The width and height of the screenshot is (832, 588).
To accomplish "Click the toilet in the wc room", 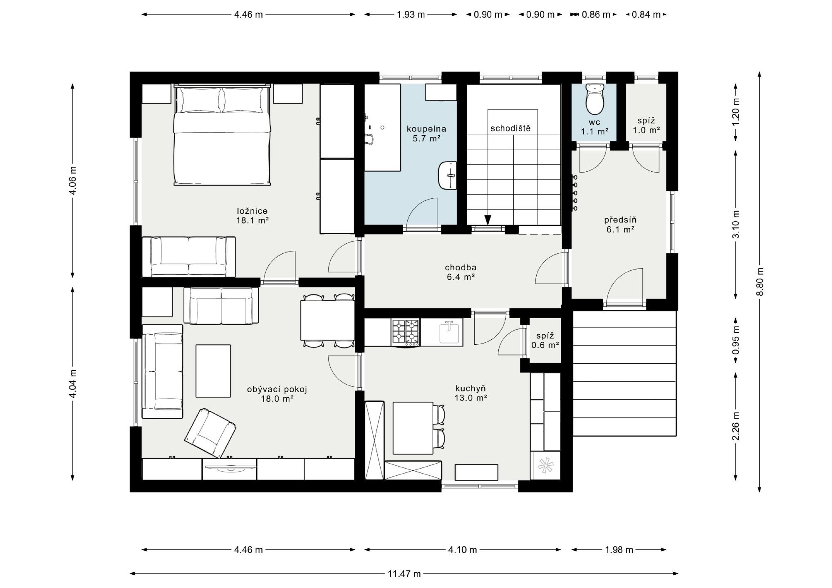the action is point(594,99).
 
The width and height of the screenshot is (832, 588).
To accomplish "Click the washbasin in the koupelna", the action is point(448,175).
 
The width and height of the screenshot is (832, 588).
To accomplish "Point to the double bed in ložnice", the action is point(222,135).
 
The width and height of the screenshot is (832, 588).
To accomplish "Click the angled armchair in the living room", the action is point(210,433).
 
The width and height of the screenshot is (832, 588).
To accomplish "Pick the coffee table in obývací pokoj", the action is point(213,371).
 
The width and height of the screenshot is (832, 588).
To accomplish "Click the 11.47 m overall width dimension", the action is point(404,574).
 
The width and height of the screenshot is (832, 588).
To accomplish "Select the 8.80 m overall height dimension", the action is point(760,282).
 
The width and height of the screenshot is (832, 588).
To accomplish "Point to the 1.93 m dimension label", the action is point(411,15).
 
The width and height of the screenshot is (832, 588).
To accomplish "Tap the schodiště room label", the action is point(510,128).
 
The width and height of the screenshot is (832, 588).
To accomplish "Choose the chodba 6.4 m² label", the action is point(461,272).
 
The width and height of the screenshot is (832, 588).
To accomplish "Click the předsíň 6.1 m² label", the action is point(620,224).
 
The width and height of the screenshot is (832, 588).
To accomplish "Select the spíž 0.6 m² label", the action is point(545,341).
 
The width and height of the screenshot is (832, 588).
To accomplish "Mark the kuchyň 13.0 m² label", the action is point(470,393).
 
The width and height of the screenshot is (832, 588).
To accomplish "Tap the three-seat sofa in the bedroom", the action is point(189,257).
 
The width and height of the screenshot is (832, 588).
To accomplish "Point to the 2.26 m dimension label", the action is point(736,426).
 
